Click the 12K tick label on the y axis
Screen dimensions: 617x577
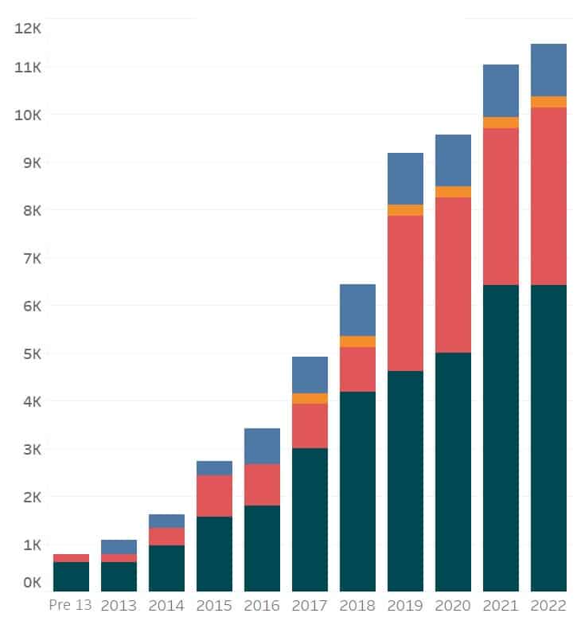(28, 29)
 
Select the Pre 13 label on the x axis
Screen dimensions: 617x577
(71, 604)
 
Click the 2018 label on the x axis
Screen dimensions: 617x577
(357, 604)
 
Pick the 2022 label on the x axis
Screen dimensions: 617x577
(548, 604)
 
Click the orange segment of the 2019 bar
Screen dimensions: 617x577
(405, 210)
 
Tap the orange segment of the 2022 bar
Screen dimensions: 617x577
(548, 102)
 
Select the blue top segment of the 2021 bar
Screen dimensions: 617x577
(501, 91)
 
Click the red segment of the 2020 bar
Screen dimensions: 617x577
(453, 275)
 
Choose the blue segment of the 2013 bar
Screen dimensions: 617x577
(119, 547)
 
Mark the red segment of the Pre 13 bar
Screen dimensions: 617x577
(71, 558)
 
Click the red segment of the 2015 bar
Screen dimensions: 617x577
(214, 496)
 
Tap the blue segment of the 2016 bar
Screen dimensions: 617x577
(262, 446)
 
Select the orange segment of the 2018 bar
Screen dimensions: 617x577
(357, 342)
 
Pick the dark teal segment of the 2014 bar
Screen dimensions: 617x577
(166, 568)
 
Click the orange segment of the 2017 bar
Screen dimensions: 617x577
(310, 399)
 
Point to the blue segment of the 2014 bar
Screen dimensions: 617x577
(166, 521)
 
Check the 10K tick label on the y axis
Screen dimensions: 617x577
(28, 115)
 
